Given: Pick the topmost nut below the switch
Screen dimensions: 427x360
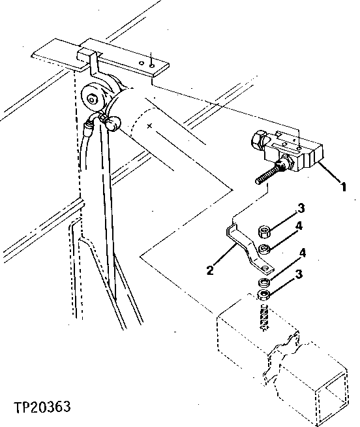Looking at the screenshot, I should click(x=264, y=231).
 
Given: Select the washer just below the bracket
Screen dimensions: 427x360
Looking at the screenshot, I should click(x=264, y=282).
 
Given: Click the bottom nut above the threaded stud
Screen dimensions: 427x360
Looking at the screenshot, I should click(x=264, y=297).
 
